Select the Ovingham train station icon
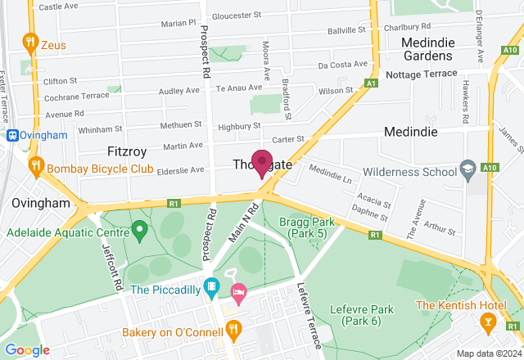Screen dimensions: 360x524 [x=13, y=135]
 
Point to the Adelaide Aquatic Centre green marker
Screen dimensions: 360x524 [x=138, y=229]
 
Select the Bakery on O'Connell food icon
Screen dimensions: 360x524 [x=233, y=330]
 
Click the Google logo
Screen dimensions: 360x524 [x=26, y=350]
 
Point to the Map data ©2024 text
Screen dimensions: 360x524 [x=489, y=353]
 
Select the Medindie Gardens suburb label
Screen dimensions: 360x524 [x=427, y=49]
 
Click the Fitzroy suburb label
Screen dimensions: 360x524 [x=128, y=151]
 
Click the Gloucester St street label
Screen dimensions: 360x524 [x=236, y=15]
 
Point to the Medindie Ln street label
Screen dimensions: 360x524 [x=331, y=173]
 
